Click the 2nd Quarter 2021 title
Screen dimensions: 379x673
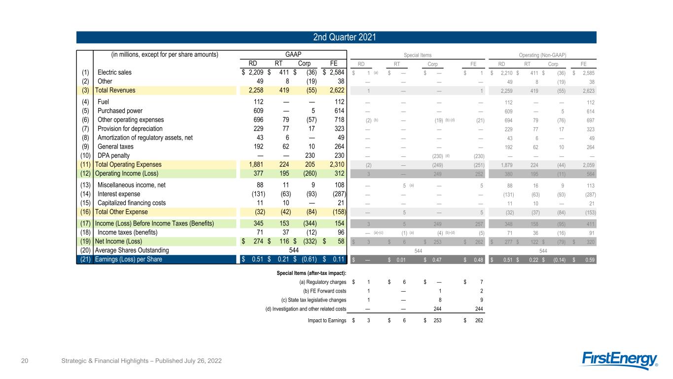coord(336,37)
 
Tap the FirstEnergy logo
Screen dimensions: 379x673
coord(621,360)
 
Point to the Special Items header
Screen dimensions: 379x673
coord(418,55)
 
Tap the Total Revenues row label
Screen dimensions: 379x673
coord(115,90)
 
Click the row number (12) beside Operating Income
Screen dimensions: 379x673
coord(85,173)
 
